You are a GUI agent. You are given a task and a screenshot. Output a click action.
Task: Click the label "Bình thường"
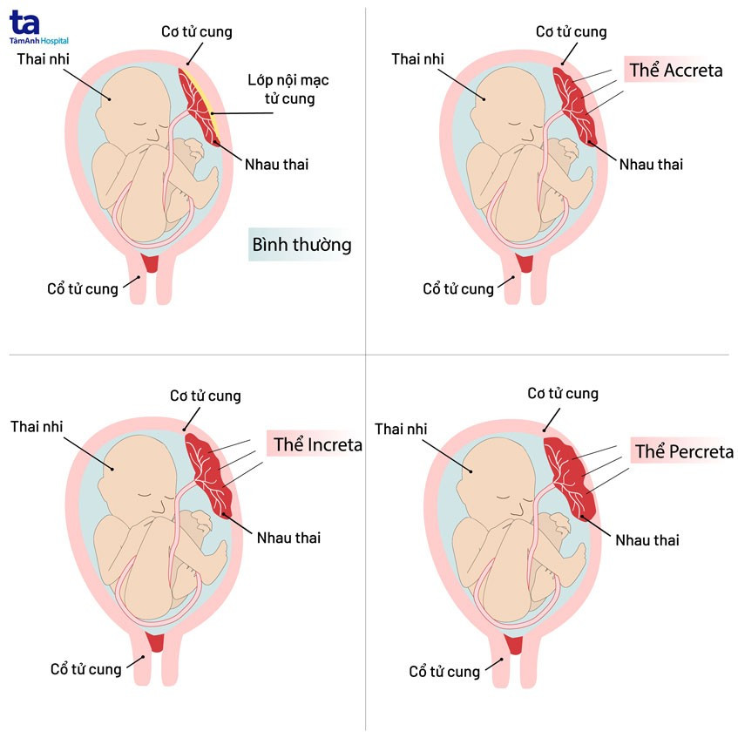[x=301, y=244]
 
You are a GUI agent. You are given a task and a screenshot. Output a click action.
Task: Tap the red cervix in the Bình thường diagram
[x=150, y=263]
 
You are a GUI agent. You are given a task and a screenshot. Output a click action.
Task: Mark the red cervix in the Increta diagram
[x=157, y=643]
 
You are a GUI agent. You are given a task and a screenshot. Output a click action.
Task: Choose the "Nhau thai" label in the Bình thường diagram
[x=276, y=163]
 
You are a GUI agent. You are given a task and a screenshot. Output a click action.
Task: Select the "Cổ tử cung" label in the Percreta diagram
[x=444, y=672]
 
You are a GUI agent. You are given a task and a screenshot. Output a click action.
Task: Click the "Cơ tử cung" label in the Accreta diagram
[x=572, y=32]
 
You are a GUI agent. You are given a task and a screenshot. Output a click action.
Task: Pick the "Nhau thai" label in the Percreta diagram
[x=647, y=540]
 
